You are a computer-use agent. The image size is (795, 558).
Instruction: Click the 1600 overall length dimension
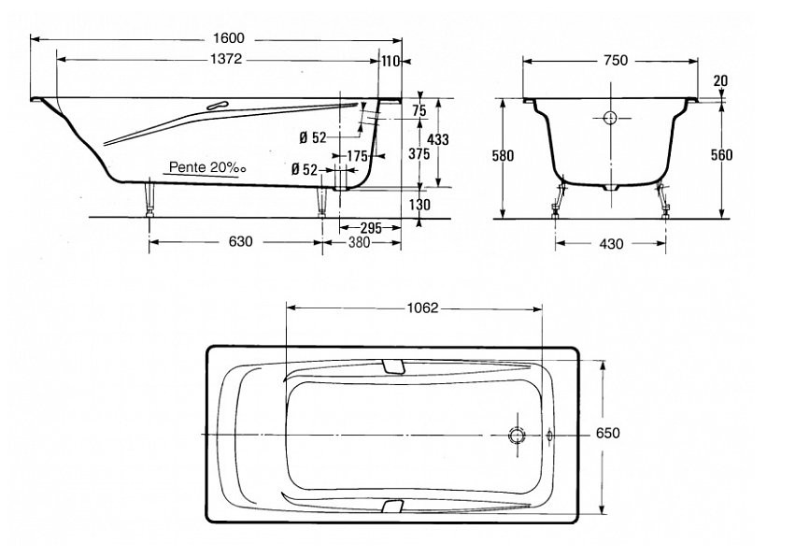[229, 38]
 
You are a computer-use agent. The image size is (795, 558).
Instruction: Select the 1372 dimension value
[226, 59]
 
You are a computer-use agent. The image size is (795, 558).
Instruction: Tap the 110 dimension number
[390, 62]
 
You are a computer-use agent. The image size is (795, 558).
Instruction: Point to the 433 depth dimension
[438, 138]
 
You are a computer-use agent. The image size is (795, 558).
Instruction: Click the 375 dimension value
[419, 153]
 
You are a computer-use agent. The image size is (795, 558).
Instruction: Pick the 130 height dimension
[419, 204]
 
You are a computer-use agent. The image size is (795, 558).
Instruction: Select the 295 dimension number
[371, 228]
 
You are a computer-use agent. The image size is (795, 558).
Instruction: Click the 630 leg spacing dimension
[240, 241]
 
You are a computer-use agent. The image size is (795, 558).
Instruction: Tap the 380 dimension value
[359, 243]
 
